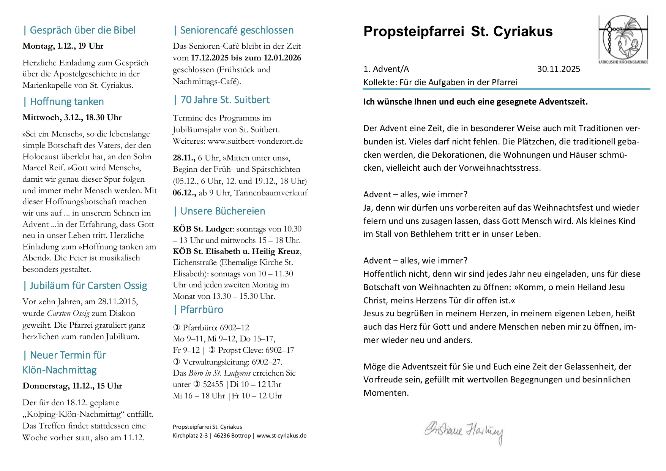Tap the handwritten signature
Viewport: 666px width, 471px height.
point(463,431)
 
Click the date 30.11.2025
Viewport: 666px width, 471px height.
point(558,69)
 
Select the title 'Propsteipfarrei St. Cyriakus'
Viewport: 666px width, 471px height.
point(458,32)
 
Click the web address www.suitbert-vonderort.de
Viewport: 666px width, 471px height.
point(255,141)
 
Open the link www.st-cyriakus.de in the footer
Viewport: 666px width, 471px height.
point(281,436)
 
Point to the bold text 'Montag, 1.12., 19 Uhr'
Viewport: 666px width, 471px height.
point(63,46)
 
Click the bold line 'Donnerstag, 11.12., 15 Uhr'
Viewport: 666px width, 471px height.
point(72,386)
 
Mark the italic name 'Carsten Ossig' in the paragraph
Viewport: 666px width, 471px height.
point(68,314)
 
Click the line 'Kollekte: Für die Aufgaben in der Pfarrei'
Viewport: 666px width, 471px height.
point(440,82)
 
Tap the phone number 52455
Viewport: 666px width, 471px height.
point(213,385)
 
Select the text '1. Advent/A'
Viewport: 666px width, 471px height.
point(386,69)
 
